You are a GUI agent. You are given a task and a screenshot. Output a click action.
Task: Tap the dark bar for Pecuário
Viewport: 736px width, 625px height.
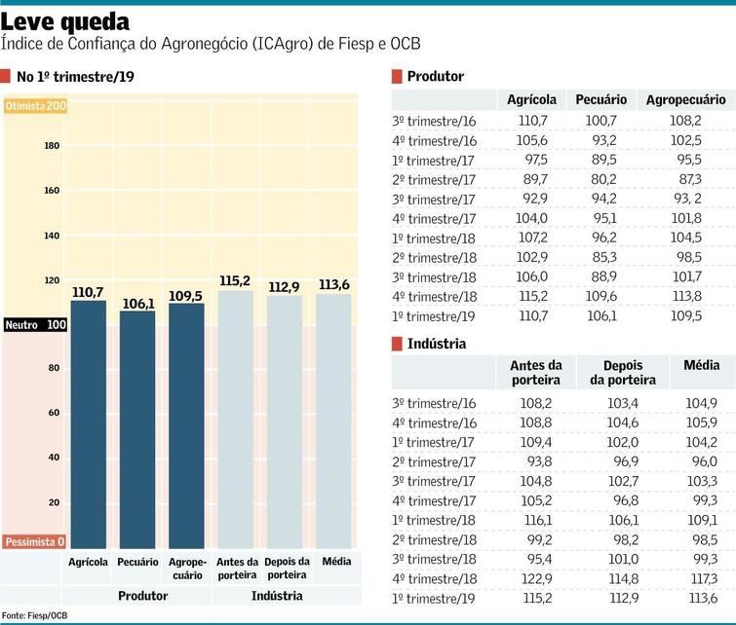tap(137, 428)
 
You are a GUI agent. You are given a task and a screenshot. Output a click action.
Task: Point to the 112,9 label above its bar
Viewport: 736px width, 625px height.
tap(285, 286)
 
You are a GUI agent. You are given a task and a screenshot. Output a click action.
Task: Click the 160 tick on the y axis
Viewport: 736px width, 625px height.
tap(52, 191)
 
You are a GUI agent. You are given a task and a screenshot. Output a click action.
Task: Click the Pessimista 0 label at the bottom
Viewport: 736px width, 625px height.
tap(34, 541)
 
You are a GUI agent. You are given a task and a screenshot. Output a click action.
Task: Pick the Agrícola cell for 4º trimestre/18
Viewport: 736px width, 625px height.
tap(532, 297)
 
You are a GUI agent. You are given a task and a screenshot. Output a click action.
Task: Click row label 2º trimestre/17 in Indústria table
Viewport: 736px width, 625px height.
tap(434, 461)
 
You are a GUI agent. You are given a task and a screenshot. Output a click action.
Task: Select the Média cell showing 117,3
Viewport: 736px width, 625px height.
tap(701, 578)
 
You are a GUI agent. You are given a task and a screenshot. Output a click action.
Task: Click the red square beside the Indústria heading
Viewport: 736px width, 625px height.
tap(396, 344)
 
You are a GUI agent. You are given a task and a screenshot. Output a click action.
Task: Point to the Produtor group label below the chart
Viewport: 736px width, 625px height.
tap(142, 595)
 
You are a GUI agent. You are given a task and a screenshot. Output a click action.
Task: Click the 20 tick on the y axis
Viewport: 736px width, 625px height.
tap(55, 502)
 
